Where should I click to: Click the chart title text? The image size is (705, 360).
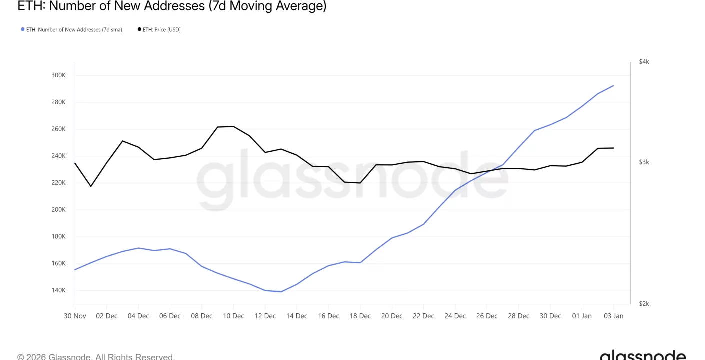tap(172, 6)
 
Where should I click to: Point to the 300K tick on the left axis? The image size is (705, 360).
tap(58, 75)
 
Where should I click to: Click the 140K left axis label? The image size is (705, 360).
tap(58, 290)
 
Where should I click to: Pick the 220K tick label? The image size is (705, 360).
tap(58, 183)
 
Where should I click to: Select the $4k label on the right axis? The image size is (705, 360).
tap(644, 62)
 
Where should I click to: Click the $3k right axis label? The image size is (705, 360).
tap(644, 162)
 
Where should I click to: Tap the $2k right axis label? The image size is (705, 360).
tap(644, 304)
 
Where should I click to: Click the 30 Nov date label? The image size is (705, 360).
tap(75, 316)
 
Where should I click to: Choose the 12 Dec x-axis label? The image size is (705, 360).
tap(265, 316)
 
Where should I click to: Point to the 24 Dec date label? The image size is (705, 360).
tap(455, 316)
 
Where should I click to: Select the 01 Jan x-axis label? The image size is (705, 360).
tap(582, 316)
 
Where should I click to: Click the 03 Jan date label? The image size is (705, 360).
tap(613, 316)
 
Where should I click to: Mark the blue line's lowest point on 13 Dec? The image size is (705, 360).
tap(281, 292)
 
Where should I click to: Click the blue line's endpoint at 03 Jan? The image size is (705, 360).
tap(613, 86)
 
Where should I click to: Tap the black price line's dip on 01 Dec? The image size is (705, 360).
tap(91, 186)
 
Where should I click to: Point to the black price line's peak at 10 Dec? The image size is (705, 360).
tap(233, 126)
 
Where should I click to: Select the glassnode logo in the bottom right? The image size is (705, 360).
tap(643, 355)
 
